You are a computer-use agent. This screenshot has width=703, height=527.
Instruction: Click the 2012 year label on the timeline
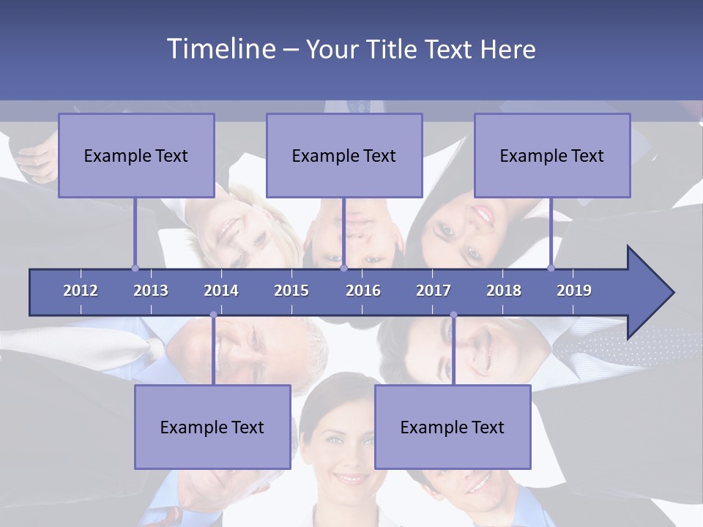81,291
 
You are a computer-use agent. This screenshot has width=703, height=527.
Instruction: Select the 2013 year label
151,291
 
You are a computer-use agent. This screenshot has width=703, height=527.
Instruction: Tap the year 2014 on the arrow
221,291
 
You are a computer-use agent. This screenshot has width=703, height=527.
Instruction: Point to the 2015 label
291,291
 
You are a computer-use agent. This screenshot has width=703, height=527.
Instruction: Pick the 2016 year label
363,291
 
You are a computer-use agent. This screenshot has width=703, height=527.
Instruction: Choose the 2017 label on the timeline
434,291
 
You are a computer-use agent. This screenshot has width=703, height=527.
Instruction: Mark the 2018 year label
504,291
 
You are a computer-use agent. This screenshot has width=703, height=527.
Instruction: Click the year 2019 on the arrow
574,291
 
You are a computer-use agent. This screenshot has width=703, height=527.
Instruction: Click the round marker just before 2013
135,268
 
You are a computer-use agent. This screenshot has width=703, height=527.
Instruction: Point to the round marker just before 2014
213,315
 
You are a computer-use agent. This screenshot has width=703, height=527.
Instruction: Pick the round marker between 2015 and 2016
343,268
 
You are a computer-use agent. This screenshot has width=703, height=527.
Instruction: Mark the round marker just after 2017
453,315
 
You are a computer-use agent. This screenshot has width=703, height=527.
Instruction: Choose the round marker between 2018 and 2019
551,268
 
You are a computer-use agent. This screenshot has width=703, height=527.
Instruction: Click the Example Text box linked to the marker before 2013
136,155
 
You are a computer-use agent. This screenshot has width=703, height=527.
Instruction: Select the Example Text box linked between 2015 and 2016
344,155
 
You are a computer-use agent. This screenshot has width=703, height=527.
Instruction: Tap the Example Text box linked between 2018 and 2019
552,155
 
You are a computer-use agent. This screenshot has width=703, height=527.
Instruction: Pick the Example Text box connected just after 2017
453,427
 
